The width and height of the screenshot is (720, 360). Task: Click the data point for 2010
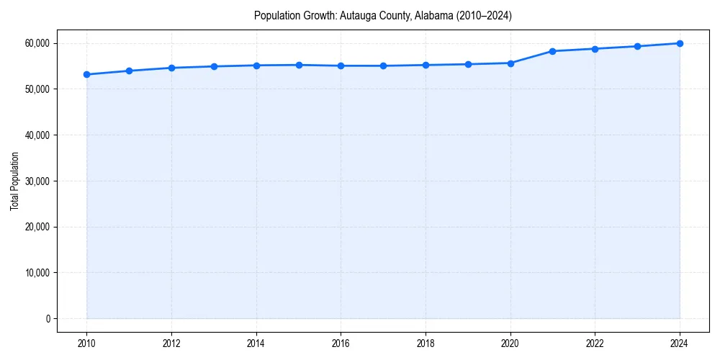(86, 74)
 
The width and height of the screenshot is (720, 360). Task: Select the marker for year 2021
(552, 51)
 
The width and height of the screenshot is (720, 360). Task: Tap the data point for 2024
(680, 43)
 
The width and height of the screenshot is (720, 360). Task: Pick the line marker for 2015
(299, 65)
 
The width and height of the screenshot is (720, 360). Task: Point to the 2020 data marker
(510, 63)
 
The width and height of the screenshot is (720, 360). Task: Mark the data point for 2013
(214, 66)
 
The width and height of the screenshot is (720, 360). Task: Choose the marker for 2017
(383, 66)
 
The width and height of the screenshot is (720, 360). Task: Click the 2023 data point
(637, 46)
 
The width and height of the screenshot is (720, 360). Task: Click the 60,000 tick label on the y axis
(36, 43)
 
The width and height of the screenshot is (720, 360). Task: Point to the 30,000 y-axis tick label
(36, 181)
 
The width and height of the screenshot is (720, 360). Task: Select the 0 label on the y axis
(48, 318)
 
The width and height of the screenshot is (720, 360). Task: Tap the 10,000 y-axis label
(36, 273)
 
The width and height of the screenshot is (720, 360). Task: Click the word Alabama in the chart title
(434, 16)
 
